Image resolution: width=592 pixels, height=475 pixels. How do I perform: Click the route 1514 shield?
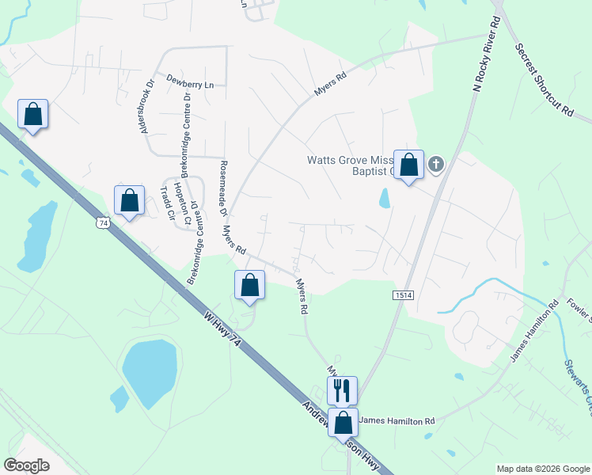(x=402, y=294)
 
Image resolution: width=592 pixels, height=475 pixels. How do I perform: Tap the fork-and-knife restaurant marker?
(x=342, y=389)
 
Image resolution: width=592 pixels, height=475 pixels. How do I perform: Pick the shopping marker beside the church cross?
(x=408, y=165)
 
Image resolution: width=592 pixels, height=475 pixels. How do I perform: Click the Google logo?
(x=27, y=465)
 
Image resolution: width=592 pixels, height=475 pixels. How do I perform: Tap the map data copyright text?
(x=542, y=469)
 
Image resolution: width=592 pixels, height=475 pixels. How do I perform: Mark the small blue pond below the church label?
(x=385, y=198)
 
